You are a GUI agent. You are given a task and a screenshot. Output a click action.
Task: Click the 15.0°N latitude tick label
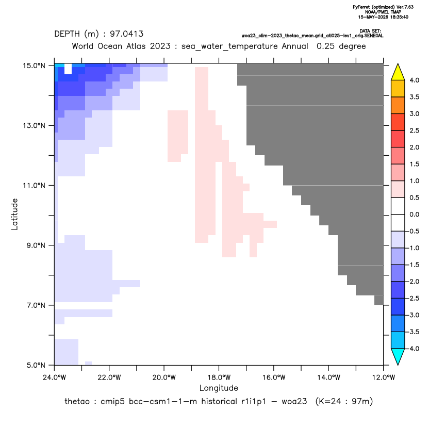34,65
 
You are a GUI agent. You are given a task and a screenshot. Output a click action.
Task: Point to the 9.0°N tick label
36,245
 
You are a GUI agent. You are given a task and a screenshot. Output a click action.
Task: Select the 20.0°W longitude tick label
164,377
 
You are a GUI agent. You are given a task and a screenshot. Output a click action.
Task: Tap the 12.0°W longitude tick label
384,377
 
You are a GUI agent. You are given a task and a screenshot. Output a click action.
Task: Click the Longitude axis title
219,388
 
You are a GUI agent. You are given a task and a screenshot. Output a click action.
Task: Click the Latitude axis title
14,214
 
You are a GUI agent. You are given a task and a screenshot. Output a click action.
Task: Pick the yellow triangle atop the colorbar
398,72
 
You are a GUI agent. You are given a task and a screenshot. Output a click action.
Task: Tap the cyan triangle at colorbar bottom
398,357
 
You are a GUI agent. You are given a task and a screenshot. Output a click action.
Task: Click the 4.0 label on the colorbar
414,80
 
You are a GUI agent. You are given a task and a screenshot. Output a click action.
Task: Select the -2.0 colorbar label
413,282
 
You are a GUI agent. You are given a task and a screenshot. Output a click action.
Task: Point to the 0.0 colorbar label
414,214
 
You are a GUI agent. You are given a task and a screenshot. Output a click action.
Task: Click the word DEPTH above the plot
67,34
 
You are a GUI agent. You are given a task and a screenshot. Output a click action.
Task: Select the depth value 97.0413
127,34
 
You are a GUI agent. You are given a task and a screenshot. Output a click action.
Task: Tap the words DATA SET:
370,31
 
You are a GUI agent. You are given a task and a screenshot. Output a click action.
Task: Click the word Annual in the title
295,46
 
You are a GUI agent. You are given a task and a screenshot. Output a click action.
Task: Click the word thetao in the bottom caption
77,402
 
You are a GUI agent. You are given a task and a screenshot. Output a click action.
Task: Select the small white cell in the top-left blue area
68,69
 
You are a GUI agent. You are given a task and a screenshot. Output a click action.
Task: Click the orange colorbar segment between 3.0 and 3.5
398,105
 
